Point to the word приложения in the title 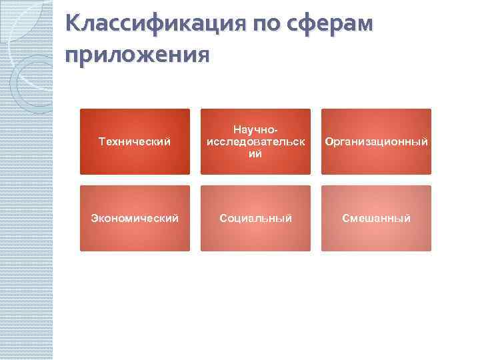click(x=137, y=53)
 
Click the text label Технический click(x=135, y=141)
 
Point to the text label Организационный click(x=376, y=141)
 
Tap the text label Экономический click(x=135, y=218)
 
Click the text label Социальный click(x=255, y=218)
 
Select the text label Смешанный click(x=376, y=218)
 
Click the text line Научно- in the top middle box click(x=255, y=131)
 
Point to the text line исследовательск click(x=255, y=141)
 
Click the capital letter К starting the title click(x=73, y=25)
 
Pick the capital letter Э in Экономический click(x=94, y=218)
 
